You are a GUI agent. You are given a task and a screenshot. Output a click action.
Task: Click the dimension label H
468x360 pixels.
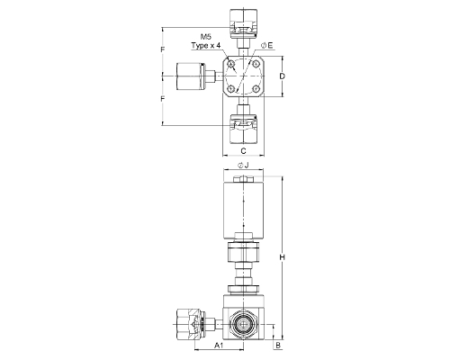click(x=282, y=257)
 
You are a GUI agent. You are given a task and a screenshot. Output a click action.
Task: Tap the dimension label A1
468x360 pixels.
click(x=219, y=346)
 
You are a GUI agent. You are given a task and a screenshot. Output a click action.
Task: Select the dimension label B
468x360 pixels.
click(x=278, y=346)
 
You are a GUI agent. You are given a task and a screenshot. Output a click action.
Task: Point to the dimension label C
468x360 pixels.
click(x=243, y=150)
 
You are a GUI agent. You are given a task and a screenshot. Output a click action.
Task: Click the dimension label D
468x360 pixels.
click(x=282, y=76)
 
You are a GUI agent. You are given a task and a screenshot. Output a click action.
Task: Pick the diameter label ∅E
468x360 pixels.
click(x=267, y=45)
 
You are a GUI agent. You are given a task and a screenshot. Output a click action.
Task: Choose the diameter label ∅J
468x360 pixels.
click(x=243, y=165)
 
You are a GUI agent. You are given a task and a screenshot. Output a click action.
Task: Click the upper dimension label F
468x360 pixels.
click(x=163, y=49)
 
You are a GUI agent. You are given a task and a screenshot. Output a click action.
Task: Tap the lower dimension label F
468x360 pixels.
click(x=163, y=99)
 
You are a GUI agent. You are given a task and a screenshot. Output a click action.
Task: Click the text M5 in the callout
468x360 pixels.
click(x=206, y=37)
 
